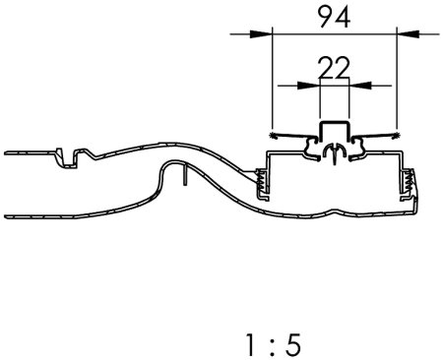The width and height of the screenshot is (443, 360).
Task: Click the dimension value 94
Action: (335, 17)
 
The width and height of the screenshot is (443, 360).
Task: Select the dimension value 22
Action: (334, 68)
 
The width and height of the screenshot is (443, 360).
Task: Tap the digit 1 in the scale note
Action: (250, 345)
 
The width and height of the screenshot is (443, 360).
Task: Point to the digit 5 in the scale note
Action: (292, 345)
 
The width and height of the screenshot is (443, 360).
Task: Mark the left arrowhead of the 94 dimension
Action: (261, 33)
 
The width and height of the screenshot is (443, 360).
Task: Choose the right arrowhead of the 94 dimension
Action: (408, 33)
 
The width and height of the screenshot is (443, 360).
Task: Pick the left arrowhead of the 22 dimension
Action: (308, 86)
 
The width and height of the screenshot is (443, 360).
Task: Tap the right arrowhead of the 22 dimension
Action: (360, 86)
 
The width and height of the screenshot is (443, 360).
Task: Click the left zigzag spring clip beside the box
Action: (261, 180)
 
